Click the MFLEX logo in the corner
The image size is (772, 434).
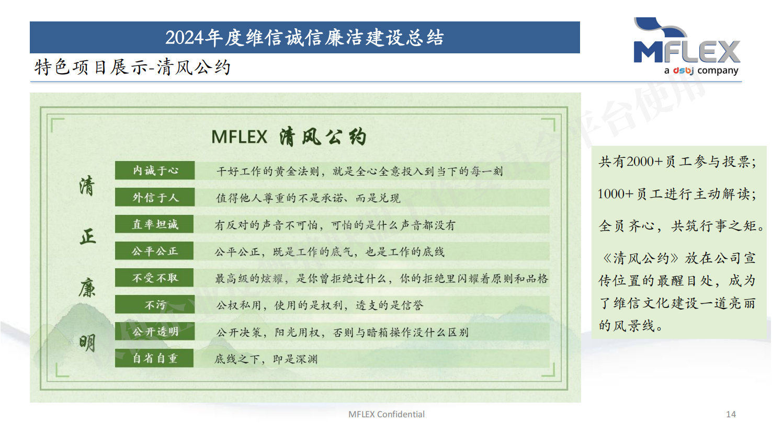pyautogui.click(x=687, y=46)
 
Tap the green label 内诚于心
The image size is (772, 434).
pyautogui.click(x=155, y=170)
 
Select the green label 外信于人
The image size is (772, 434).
pyautogui.click(x=155, y=197)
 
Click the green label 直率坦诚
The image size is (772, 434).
pyautogui.click(x=154, y=224)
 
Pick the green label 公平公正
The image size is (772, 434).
pyautogui.click(x=154, y=251)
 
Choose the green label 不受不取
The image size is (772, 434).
pyautogui.click(x=154, y=278)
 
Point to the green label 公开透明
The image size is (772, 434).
pyautogui.click(x=155, y=332)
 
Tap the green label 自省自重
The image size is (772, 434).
pyautogui.click(x=154, y=358)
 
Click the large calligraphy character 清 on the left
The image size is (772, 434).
pyautogui.click(x=87, y=186)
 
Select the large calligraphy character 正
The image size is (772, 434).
pyautogui.click(x=87, y=237)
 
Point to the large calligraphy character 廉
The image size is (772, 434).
pyautogui.click(x=87, y=288)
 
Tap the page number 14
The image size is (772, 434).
pyautogui.click(x=731, y=414)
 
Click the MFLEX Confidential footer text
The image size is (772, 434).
pyautogui.click(x=387, y=414)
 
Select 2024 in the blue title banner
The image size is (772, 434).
pyautogui.click(x=185, y=38)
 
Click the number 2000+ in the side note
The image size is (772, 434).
pyautogui.click(x=644, y=162)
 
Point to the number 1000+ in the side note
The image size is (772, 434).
pyautogui.click(x=616, y=194)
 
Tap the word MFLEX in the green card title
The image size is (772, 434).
pyautogui.click(x=239, y=137)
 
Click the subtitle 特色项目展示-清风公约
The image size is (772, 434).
pyautogui.click(x=132, y=67)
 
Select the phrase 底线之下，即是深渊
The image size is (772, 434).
pyautogui.click(x=266, y=359)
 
